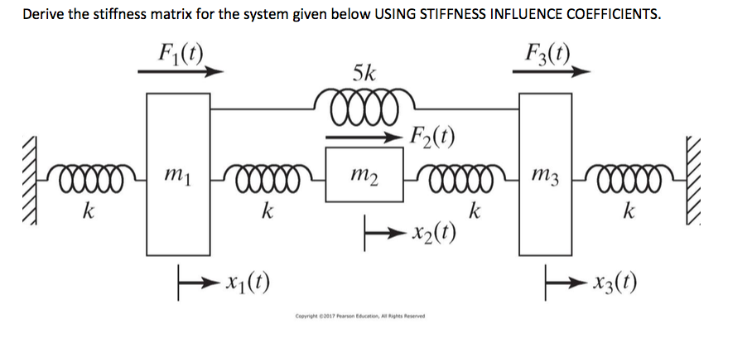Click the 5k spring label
click(x=364, y=74)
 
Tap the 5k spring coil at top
click(x=364, y=106)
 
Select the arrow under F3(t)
click(x=552, y=72)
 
